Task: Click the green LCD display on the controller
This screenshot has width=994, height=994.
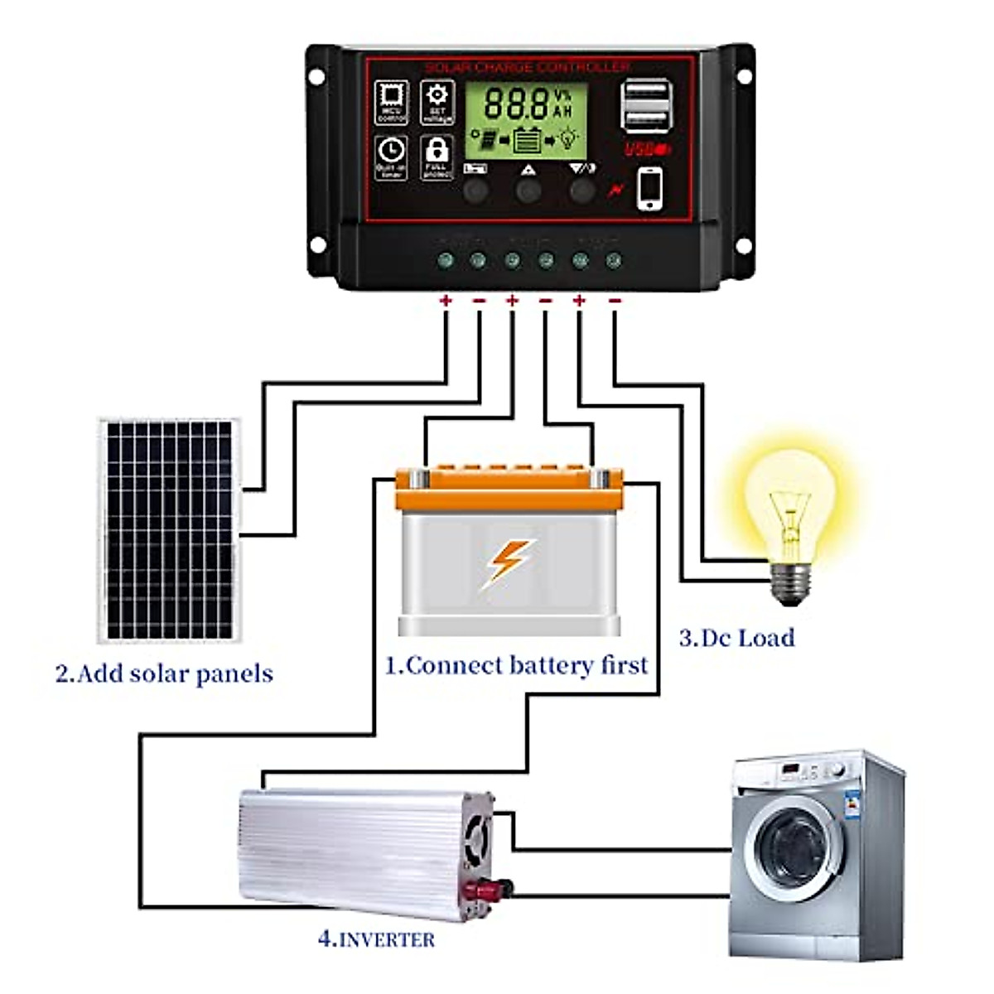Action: pos(525,120)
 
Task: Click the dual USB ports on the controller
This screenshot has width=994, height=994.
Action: pos(644,105)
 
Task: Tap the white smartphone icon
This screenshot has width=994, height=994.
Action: pos(651,190)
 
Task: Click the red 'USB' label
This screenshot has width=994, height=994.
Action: pos(643,150)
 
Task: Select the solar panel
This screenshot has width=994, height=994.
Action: pos(169,530)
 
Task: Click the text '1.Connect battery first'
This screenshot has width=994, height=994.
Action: pos(516,666)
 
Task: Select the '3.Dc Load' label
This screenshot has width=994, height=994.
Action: pos(736,638)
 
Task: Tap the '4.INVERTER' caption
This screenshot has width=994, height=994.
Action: pos(376,939)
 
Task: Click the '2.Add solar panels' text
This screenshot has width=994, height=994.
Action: pos(164,673)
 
